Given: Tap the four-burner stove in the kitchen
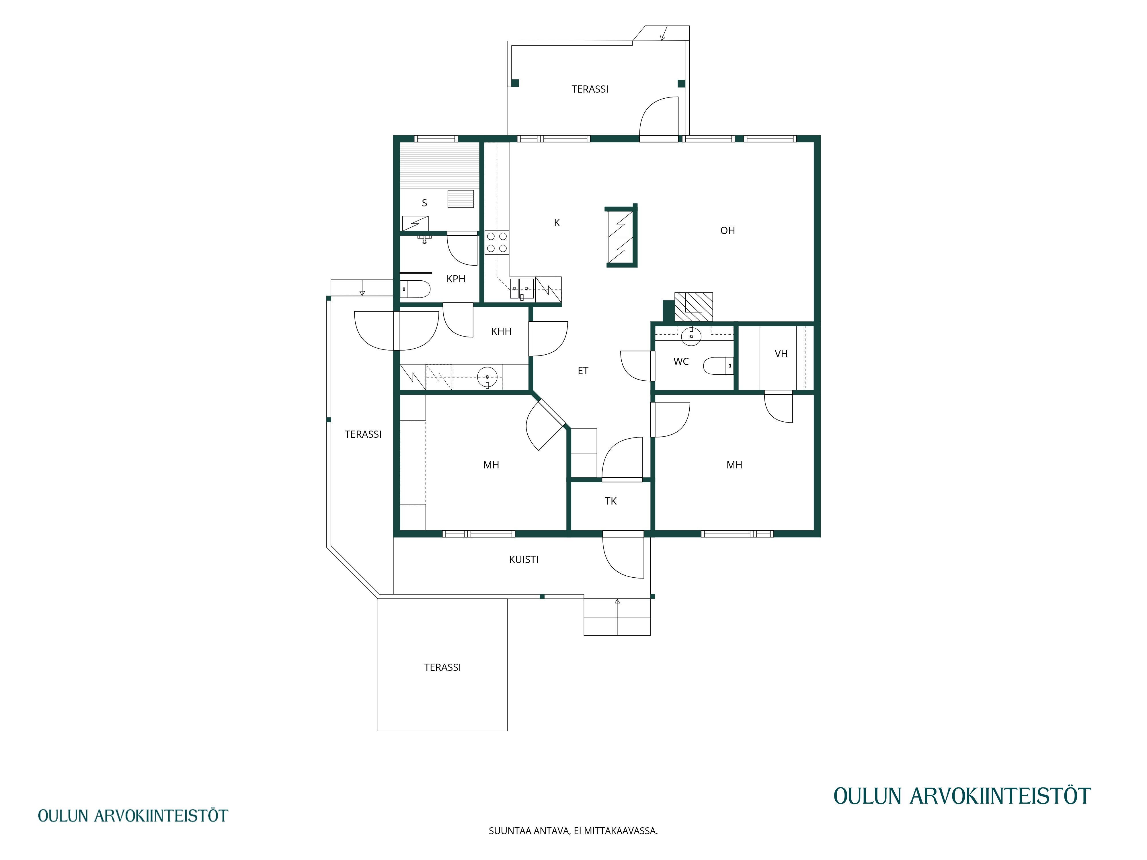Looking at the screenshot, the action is pos(497,242).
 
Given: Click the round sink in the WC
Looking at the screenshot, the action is pos(691,337).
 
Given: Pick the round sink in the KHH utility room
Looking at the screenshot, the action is pos(487,377).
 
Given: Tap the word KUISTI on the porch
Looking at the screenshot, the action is pos(524,560).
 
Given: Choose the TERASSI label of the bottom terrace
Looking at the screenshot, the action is pos(442,668).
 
